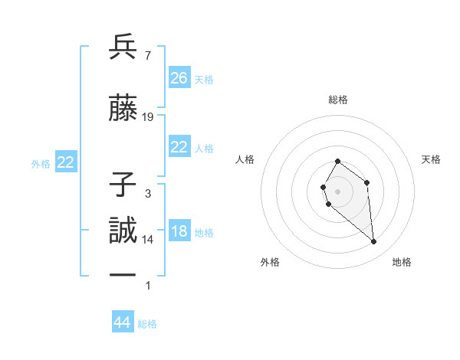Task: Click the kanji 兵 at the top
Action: [123, 47]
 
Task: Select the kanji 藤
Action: [123, 109]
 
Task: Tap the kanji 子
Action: [123, 185]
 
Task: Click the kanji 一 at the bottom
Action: [123, 275]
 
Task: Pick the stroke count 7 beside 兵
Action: [147, 56]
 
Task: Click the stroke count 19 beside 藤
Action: [148, 117]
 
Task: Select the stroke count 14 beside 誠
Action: [148, 240]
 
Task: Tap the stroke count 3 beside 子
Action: [147, 194]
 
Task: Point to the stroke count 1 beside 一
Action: [147, 286]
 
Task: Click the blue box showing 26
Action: [179, 78]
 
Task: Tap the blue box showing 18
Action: [179, 231]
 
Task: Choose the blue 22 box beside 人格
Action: [179, 147]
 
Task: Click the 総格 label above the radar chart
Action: [338, 100]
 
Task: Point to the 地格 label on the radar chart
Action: [402, 263]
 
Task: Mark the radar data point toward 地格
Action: [374, 242]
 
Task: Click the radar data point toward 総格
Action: [338, 162]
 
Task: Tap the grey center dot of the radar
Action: [338, 190]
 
